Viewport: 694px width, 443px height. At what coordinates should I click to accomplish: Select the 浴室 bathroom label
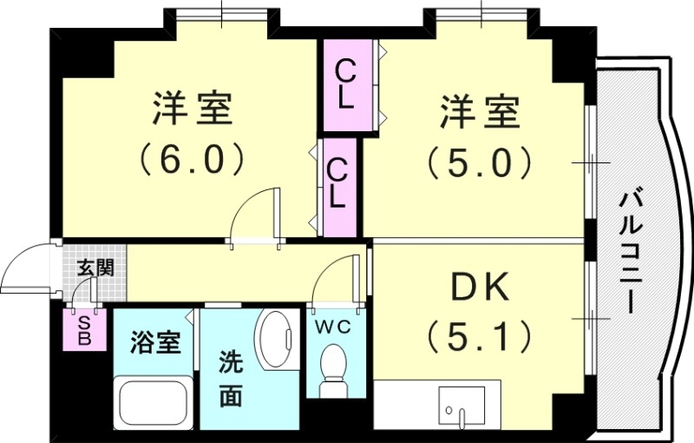[x=155, y=342]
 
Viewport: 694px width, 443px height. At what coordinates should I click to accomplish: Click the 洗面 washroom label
[x=230, y=378]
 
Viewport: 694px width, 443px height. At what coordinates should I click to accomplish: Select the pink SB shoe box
[x=84, y=331]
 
